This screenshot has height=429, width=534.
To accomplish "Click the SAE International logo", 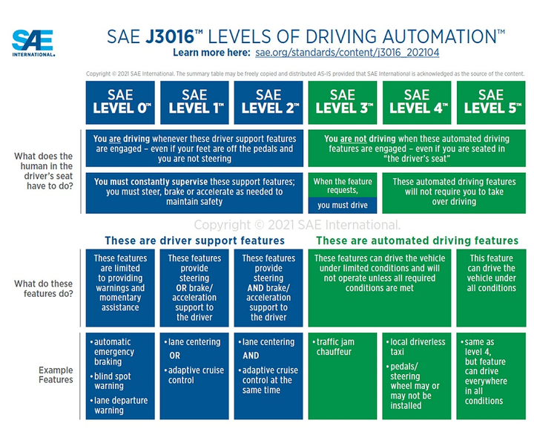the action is point(33,43).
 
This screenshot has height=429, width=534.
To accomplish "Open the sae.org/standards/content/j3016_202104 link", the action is point(347,53).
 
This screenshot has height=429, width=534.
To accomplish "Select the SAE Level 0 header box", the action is point(120,102).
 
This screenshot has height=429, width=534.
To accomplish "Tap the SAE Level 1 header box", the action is point(194,102).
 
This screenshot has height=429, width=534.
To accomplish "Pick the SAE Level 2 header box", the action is point(268,102).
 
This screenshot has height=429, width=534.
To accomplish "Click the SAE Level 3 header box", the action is point(343,102).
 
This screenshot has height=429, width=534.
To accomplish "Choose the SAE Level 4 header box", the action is point(417,102).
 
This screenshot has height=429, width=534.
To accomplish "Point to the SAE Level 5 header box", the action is point(491,102).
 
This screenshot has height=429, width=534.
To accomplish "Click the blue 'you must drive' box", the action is point(343,205).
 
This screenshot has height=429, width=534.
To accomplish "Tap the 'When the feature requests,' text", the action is point(343,186).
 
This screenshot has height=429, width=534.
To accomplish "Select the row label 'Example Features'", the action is point(56,375).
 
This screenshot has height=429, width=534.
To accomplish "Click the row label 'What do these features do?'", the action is point(44,289).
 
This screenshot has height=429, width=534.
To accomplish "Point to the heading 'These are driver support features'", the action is point(194,240).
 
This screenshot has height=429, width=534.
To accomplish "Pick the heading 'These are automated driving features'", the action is point(417,240).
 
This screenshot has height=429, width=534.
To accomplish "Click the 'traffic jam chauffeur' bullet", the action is point(334,347).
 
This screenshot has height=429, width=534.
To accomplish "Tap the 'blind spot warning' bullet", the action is point(111,381).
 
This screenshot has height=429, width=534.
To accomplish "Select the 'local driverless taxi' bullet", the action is point(416,347).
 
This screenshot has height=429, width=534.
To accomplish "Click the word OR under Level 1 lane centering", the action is point(175,356).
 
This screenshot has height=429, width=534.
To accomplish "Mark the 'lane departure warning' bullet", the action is point(119,405).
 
